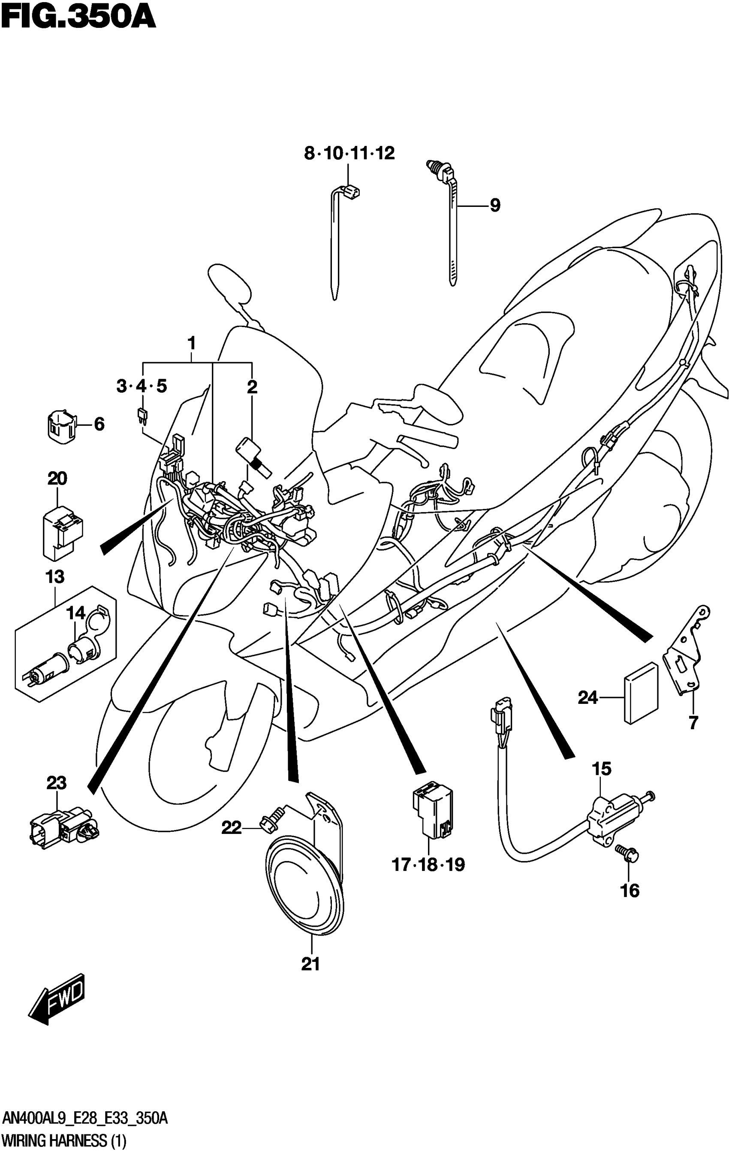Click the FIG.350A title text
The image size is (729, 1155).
click(78, 18)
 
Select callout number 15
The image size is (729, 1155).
click(601, 769)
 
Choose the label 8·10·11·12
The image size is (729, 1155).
click(349, 154)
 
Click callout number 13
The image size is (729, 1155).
click(55, 576)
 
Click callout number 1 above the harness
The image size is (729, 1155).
click(191, 343)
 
